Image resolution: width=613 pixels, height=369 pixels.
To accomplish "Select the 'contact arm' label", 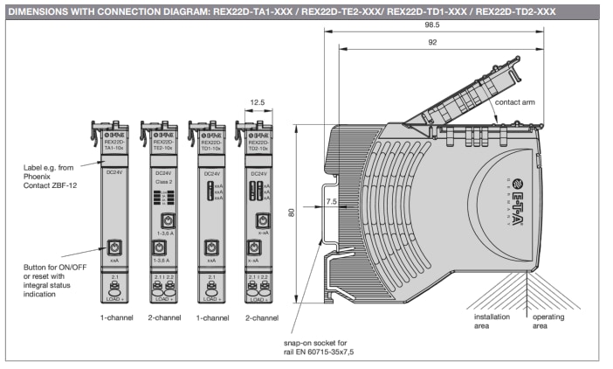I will [x=514, y=102].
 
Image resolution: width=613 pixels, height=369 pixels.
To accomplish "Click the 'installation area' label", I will [x=492, y=320].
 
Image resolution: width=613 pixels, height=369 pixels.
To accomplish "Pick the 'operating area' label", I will [x=548, y=320].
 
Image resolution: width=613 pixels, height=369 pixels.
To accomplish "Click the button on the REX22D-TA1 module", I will [x=114, y=247].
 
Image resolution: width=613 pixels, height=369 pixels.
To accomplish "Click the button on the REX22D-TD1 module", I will [x=211, y=247].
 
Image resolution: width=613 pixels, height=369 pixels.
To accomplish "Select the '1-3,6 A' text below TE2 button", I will [x=163, y=234].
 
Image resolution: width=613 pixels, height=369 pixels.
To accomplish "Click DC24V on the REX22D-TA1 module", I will [x=114, y=173].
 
